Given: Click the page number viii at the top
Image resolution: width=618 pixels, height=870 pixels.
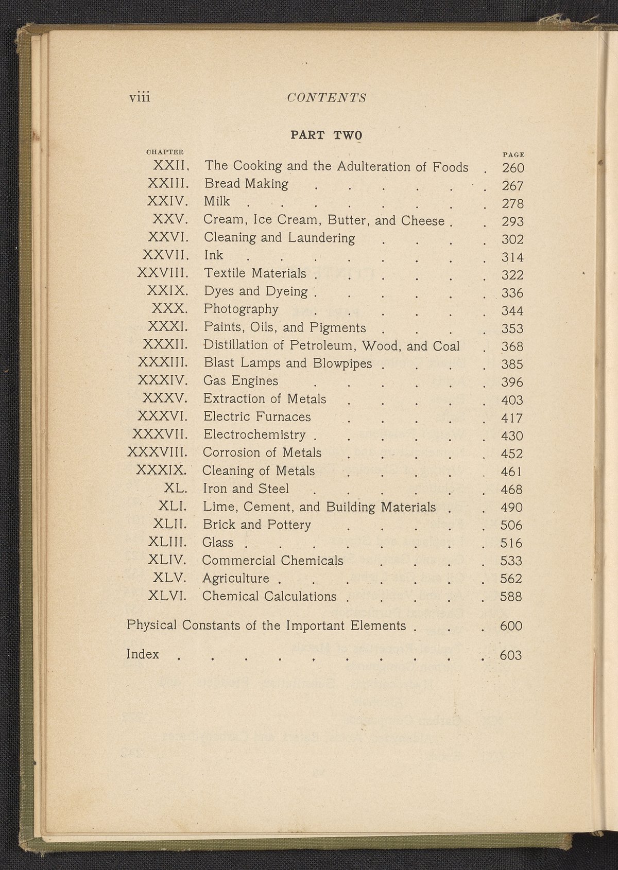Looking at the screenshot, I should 140,97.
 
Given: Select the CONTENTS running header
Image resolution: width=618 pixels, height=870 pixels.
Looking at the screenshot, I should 327,98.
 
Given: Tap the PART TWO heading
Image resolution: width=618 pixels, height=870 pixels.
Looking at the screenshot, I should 327,135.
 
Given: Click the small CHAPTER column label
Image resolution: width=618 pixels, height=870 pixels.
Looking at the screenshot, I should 165,152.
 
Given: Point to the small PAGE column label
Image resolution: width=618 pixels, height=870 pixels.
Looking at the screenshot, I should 513,154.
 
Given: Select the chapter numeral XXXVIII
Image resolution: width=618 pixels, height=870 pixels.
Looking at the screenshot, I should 157,453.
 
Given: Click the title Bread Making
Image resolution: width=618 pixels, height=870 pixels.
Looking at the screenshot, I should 246,184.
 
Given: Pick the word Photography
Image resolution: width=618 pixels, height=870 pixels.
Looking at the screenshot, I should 241,309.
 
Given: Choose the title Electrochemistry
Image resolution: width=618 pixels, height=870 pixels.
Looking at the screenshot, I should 254,434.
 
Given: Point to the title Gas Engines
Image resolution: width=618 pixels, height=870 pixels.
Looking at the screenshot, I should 241,381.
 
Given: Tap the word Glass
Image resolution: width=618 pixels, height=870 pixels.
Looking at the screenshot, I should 218,543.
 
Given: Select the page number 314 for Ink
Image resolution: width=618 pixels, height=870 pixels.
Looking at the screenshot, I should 512,257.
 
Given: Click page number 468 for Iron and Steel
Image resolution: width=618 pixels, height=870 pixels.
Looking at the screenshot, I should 511,489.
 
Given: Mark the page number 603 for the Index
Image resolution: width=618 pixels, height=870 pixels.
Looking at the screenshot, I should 511,655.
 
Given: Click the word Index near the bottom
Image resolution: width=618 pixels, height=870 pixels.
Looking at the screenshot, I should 143,654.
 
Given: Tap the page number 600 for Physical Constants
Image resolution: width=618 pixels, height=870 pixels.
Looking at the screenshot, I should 511,626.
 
